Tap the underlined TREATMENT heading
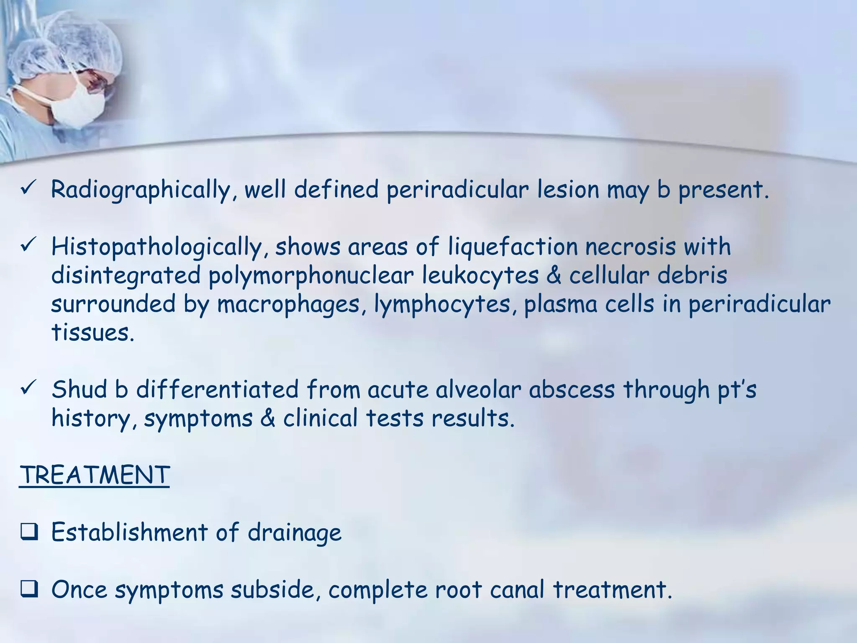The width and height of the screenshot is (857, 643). (95, 475)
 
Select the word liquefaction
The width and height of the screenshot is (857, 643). (513, 247)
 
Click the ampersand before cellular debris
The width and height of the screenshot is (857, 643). (554, 276)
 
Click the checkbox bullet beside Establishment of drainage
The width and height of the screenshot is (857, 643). (29, 532)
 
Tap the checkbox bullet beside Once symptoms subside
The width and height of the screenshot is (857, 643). (29, 590)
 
